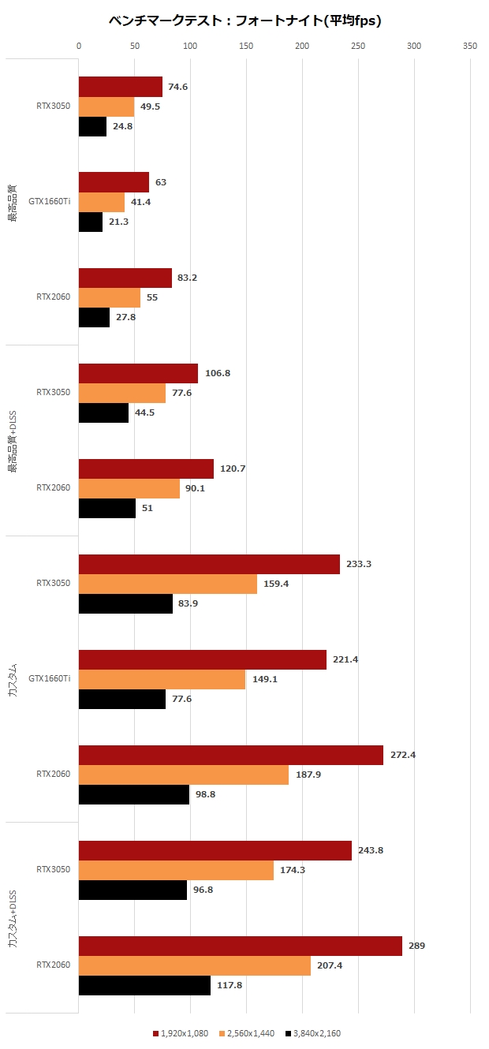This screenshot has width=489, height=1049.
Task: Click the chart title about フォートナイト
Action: coord(244,21)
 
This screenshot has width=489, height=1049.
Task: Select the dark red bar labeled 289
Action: coord(240,946)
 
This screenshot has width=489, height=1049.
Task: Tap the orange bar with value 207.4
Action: coord(194,965)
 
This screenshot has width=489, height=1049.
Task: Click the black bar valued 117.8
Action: coord(144,986)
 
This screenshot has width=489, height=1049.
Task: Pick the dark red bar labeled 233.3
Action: coord(209,564)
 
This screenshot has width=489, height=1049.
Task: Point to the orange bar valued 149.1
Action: coord(162,679)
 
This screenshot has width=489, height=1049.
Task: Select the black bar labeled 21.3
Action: coord(91,222)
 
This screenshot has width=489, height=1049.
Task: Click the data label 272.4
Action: coord(402,755)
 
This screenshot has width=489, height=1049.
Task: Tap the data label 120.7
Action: coord(233,469)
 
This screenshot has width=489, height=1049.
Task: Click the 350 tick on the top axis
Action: coord(470,47)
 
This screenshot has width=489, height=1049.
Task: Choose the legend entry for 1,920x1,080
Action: coord(181,1033)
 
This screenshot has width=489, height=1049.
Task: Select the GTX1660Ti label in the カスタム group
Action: coord(49,678)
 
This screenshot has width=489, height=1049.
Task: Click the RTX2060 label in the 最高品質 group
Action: coord(53,297)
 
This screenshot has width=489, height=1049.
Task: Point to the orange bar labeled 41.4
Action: coord(102,203)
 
